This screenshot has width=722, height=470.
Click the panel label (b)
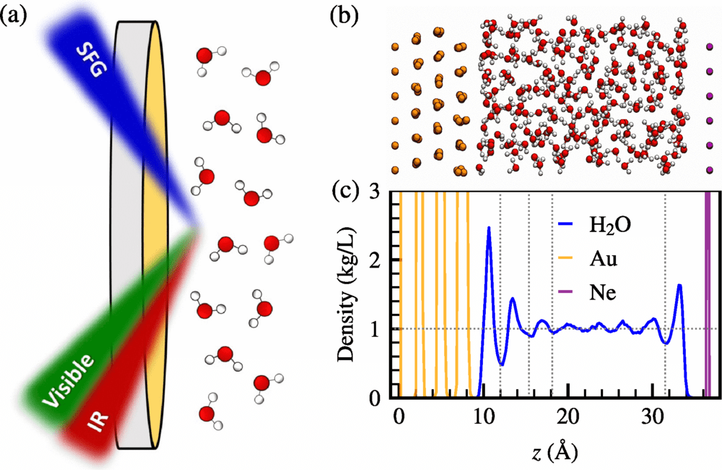pos(342,16)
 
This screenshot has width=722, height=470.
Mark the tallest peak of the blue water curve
pos(489,228)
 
